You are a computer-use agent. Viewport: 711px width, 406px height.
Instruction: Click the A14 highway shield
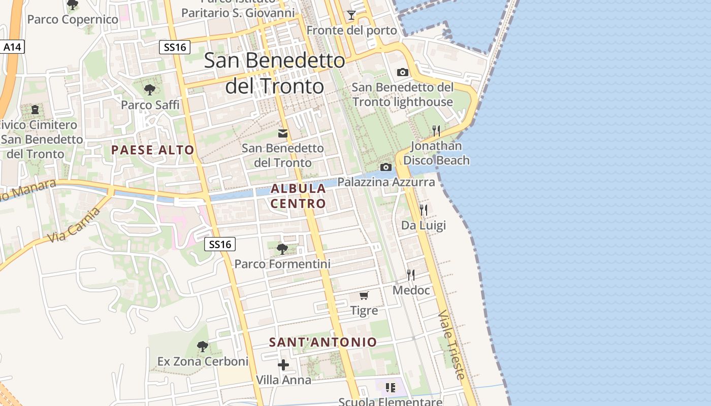coord(12,47)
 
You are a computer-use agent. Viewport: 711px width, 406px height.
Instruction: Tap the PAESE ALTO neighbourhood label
coord(153,150)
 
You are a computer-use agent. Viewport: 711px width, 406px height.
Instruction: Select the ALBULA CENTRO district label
coord(298,196)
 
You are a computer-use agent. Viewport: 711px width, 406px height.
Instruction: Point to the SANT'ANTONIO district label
coord(323,342)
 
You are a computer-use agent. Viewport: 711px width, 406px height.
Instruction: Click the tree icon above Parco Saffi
coord(150,90)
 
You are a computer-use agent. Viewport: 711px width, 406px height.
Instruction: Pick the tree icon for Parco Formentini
coord(282,249)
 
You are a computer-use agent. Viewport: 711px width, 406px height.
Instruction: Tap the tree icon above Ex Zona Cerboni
coord(203,347)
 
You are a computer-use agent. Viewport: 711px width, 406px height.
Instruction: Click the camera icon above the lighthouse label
coord(403,72)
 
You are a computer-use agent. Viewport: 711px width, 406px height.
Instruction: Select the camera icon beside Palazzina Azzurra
coord(386,167)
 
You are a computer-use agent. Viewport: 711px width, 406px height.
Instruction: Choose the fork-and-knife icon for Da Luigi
coord(424,210)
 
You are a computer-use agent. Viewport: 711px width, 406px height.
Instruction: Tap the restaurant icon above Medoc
coord(411,275)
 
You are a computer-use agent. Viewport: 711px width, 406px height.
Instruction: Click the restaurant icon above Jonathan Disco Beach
coord(436,130)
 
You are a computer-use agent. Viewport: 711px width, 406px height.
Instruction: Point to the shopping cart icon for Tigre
coord(364,295)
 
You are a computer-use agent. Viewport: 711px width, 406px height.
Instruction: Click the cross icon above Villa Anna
coord(283,364)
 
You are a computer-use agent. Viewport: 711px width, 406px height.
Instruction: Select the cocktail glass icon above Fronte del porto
coord(351,15)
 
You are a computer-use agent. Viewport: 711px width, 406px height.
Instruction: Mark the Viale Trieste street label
coord(451,345)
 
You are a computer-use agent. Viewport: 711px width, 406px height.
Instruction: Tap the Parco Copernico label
coord(73,20)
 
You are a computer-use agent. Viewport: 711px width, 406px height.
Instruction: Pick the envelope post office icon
coord(283,133)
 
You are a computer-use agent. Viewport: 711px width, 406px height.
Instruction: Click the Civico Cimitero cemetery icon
coord(35,109)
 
